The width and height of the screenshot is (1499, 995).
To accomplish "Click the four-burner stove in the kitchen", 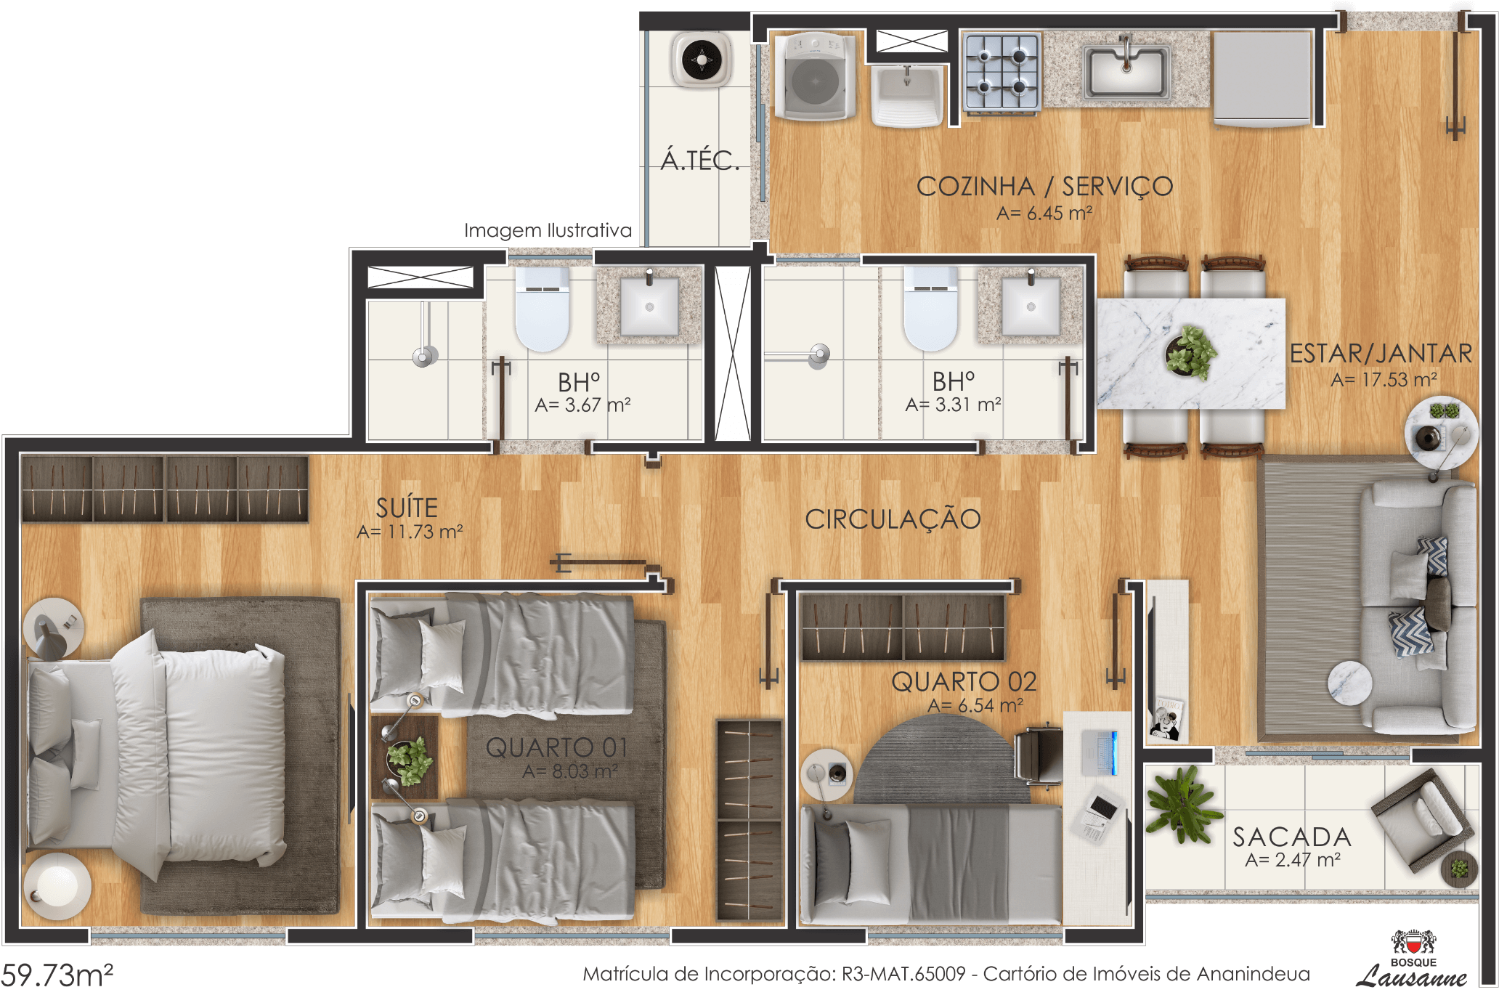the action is [1002, 73].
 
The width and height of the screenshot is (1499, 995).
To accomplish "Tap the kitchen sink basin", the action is [1126, 72].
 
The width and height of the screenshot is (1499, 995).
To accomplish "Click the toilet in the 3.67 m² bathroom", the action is [542, 309].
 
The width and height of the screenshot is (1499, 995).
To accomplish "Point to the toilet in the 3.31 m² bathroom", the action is [930, 309].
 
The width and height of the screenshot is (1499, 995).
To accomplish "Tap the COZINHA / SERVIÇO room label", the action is [1044, 187].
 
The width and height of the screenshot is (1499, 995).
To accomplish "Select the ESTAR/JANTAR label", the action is [1381, 354].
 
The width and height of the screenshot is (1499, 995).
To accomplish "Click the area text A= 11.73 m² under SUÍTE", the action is [410, 532].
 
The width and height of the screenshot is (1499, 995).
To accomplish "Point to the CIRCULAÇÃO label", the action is [893, 519].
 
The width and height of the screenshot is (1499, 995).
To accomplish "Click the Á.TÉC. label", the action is [699, 159].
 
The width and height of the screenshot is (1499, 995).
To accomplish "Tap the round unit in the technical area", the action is [702, 60].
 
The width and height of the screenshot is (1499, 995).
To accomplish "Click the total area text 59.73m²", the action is [57, 975].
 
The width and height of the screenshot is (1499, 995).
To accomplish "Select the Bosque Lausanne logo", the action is [1412, 959].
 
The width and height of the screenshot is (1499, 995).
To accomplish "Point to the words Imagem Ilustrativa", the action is [548, 230].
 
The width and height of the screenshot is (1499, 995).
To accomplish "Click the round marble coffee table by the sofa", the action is [1349, 683].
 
